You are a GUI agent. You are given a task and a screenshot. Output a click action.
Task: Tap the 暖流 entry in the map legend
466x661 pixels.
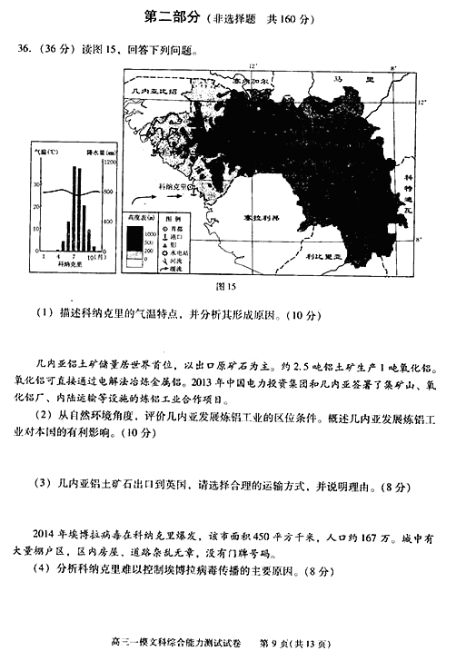coord(178,268)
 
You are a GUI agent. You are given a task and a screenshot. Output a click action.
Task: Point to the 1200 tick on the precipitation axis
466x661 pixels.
coord(110,162)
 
